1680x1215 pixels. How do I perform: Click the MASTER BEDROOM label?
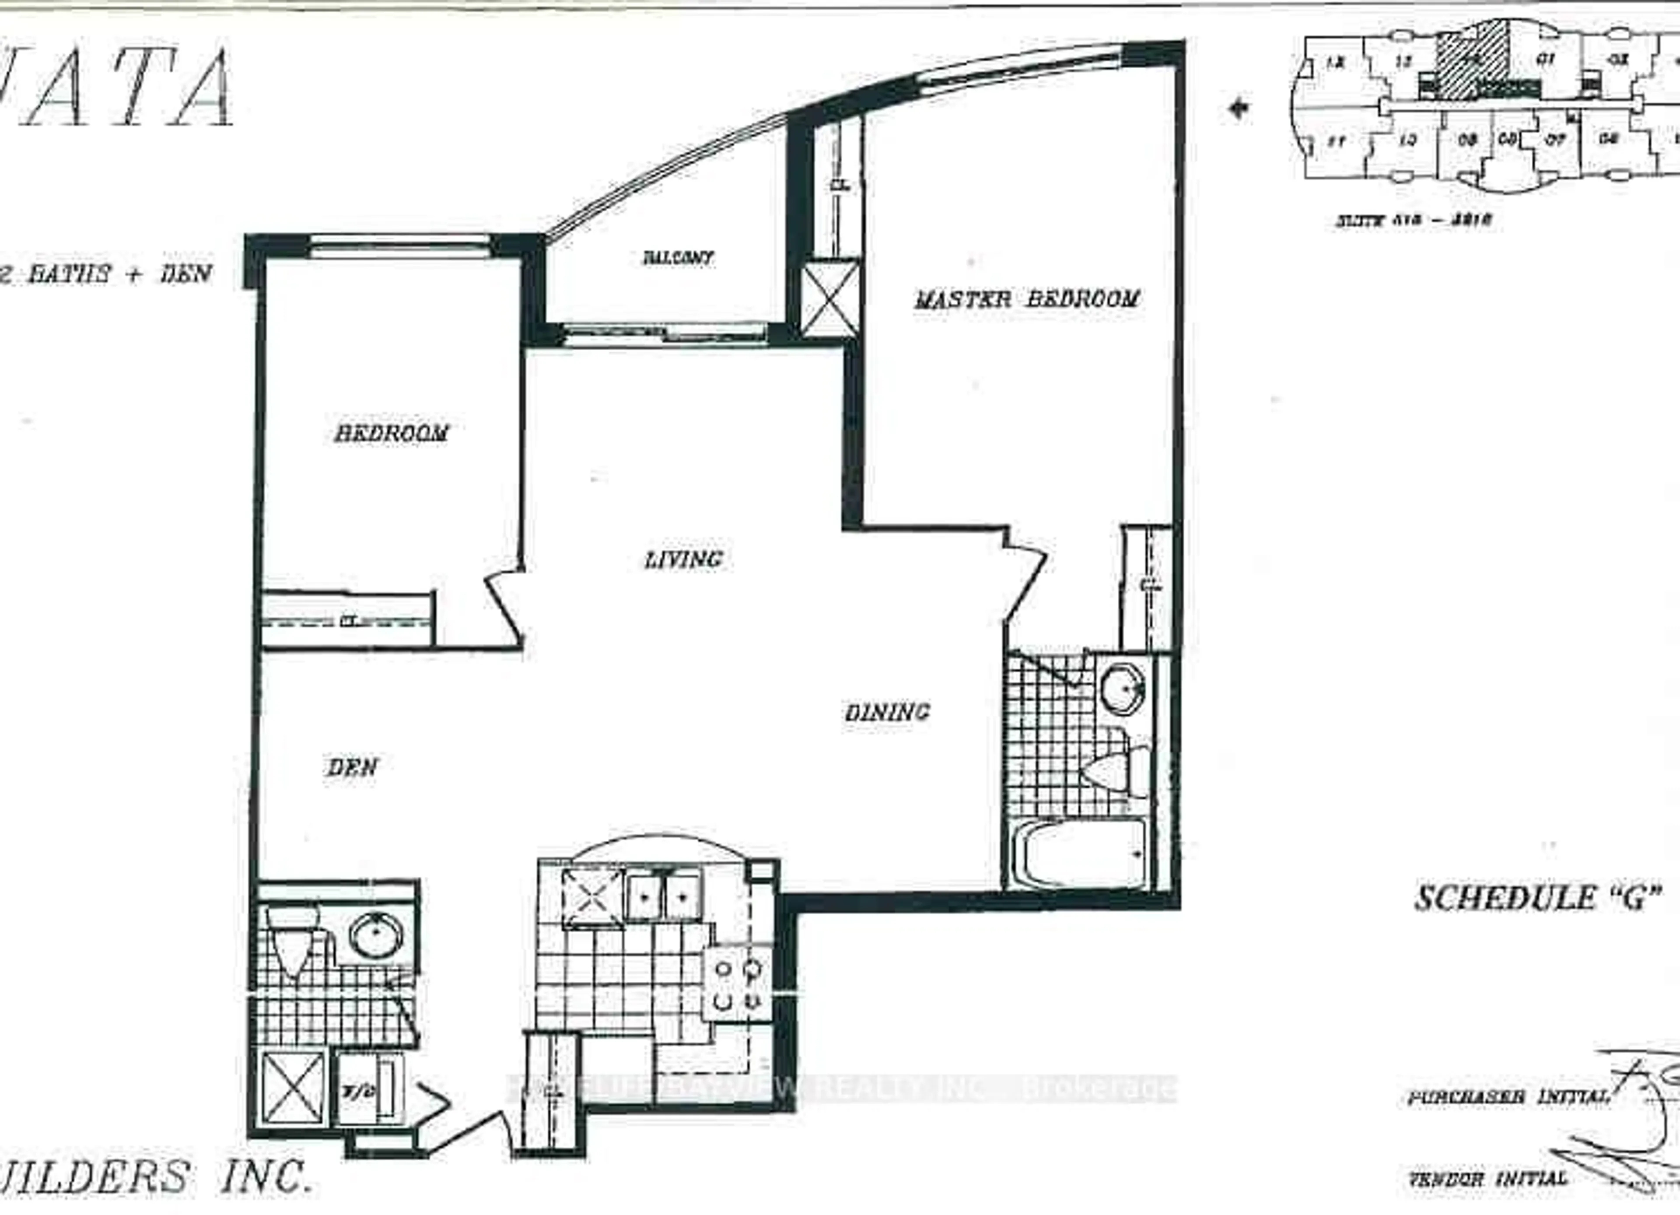click(1027, 299)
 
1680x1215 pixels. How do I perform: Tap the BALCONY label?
click(678, 258)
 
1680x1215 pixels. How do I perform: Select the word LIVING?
click(683, 559)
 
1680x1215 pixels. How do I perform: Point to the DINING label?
click(887, 713)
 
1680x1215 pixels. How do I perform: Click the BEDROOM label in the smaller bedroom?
click(391, 433)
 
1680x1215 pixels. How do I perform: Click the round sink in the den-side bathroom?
click(376, 936)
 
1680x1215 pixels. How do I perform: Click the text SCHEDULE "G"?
click(1536, 898)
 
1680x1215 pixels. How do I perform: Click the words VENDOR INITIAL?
click(1487, 1178)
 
